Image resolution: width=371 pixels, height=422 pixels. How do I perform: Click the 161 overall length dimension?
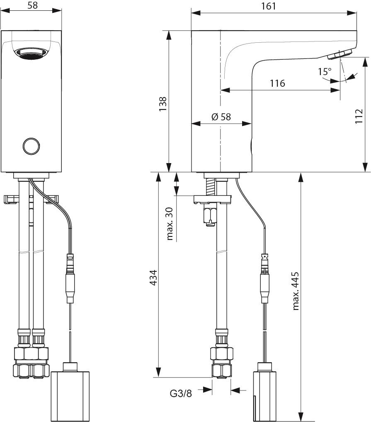269,6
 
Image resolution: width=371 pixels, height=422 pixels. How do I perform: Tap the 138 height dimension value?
163,104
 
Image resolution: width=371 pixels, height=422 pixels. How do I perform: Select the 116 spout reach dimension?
277,83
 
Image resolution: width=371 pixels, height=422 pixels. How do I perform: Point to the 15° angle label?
325,72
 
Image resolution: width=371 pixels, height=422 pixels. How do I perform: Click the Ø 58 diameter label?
221,117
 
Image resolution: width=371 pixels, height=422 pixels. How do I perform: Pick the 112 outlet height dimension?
359,116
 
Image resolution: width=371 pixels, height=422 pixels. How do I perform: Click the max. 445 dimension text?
296,291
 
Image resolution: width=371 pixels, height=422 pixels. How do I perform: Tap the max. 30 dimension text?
170,224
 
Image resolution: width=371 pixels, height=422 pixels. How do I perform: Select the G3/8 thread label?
181,394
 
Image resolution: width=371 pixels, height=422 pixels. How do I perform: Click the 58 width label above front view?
32,5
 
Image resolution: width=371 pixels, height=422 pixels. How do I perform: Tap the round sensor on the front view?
31,146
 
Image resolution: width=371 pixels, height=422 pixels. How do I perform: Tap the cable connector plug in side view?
265,278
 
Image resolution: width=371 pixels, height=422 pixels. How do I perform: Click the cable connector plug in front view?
70,278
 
